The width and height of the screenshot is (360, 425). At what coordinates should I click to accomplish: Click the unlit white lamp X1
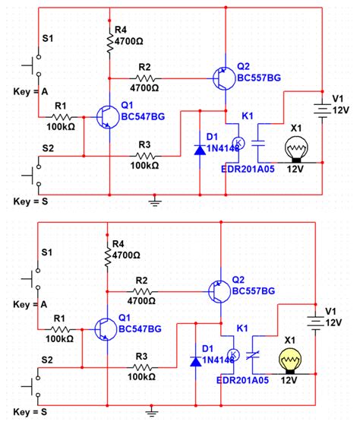[x=292, y=147]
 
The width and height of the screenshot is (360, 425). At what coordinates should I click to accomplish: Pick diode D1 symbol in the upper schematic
[x=199, y=148]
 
